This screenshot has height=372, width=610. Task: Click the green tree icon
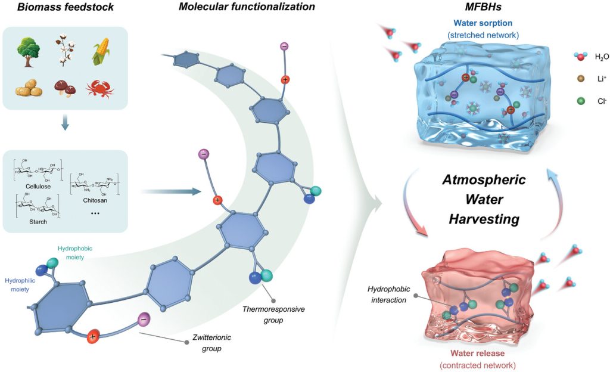pyautogui.click(x=28, y=51)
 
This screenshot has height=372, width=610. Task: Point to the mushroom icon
pyautogui.click(x=63, y=89)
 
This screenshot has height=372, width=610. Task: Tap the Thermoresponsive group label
pyautogui.click(x=262, y=314)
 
